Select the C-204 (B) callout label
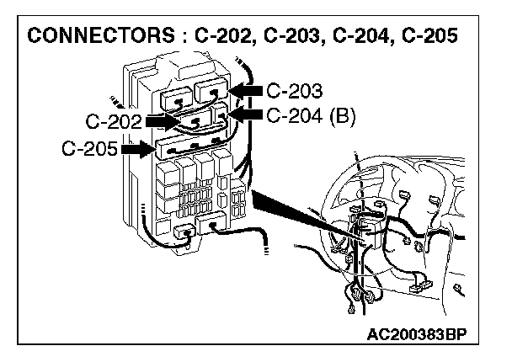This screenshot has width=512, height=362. pyautogui.click(x=311, y=114)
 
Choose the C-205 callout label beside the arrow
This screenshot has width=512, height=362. pyautogui.click(x=89, y=150)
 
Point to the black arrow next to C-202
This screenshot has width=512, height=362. pyautogui.click(x=160, y=121)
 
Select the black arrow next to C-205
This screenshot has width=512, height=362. pyautogui.click(x=136, y=150)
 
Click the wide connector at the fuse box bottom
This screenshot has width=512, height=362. pyautogui.click(x=211, y=222)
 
